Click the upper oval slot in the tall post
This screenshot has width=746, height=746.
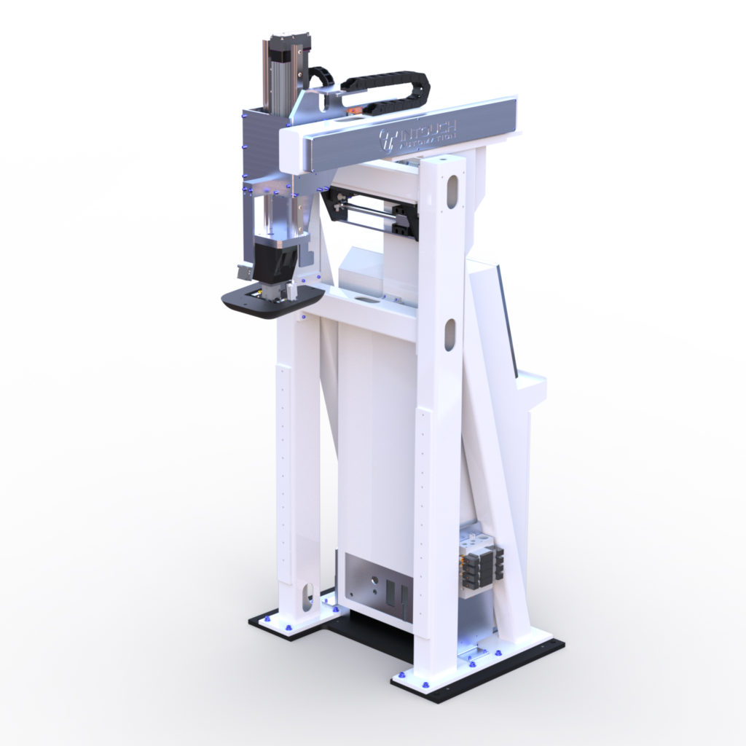[x=452, y=191]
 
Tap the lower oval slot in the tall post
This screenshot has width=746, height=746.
[x=450, y=334]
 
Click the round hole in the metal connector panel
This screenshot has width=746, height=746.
[x=374, y=580]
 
